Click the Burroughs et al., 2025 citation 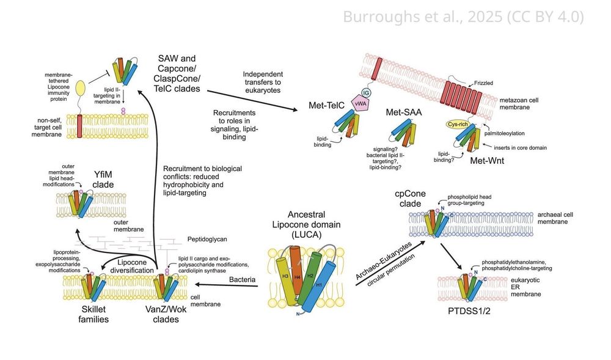[463, 17]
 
